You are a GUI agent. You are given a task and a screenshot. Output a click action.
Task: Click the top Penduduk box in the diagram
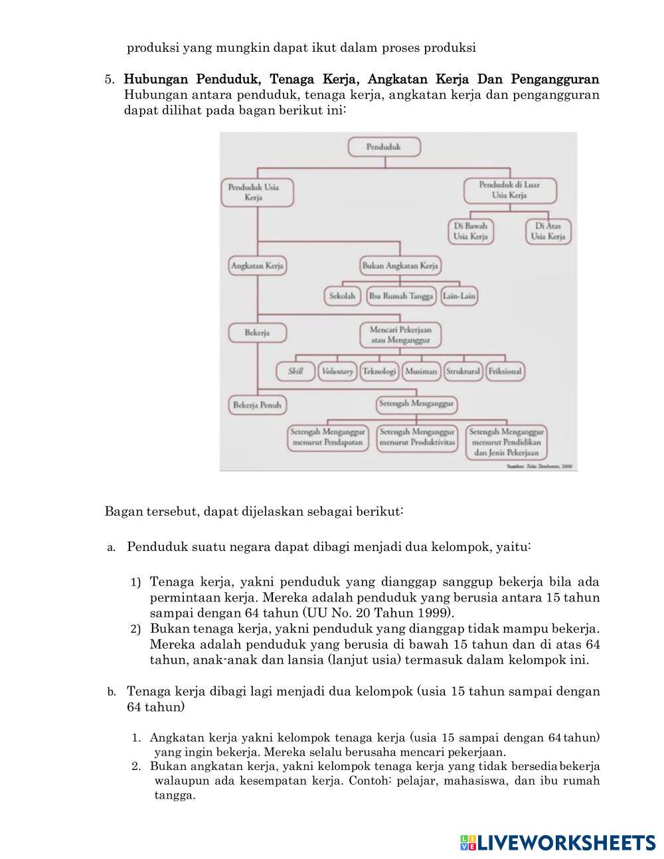384,147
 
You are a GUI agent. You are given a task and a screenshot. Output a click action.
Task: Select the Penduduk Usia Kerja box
257,193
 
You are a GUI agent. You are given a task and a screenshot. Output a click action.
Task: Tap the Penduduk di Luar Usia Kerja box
509,190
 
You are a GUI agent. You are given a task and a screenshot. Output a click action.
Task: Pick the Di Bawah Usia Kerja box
470,231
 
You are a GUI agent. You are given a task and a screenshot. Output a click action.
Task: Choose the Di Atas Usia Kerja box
548,231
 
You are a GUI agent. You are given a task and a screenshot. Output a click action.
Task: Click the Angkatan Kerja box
257,266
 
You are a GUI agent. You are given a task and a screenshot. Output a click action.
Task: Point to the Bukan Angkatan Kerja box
400,266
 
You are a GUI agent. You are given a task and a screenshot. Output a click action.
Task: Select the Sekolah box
343,296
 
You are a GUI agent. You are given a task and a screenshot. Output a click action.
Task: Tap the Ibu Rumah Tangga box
400,296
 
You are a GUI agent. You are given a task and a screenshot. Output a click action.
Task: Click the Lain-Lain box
459,296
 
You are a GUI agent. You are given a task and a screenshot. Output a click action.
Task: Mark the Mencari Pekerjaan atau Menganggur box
400,335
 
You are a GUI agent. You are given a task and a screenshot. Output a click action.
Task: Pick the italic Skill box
295,371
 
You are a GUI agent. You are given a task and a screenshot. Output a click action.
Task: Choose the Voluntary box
337,371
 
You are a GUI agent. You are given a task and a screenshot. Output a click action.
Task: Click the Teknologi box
379,371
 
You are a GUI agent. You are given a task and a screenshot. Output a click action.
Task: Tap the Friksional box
505,371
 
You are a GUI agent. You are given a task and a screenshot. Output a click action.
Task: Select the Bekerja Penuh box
257,404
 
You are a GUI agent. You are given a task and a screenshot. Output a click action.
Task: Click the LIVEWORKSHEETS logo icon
467,842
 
